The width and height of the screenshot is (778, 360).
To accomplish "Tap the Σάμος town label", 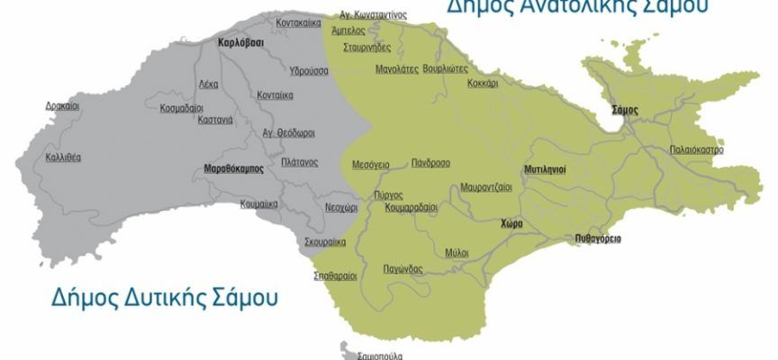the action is (624, 110).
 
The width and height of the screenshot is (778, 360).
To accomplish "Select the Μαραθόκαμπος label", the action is (233, 168).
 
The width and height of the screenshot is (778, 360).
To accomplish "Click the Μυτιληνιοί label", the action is (545, 169).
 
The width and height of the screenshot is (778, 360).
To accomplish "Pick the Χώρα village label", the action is (512, 223).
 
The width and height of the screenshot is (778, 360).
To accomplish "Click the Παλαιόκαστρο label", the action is (696, 150).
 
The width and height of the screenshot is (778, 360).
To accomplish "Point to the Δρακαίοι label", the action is (62, 106).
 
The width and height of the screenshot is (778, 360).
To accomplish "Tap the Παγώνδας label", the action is (403, 269).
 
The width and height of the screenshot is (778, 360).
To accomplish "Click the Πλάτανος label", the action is (298, 162).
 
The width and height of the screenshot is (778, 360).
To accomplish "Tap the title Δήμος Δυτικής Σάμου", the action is (152, 296).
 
